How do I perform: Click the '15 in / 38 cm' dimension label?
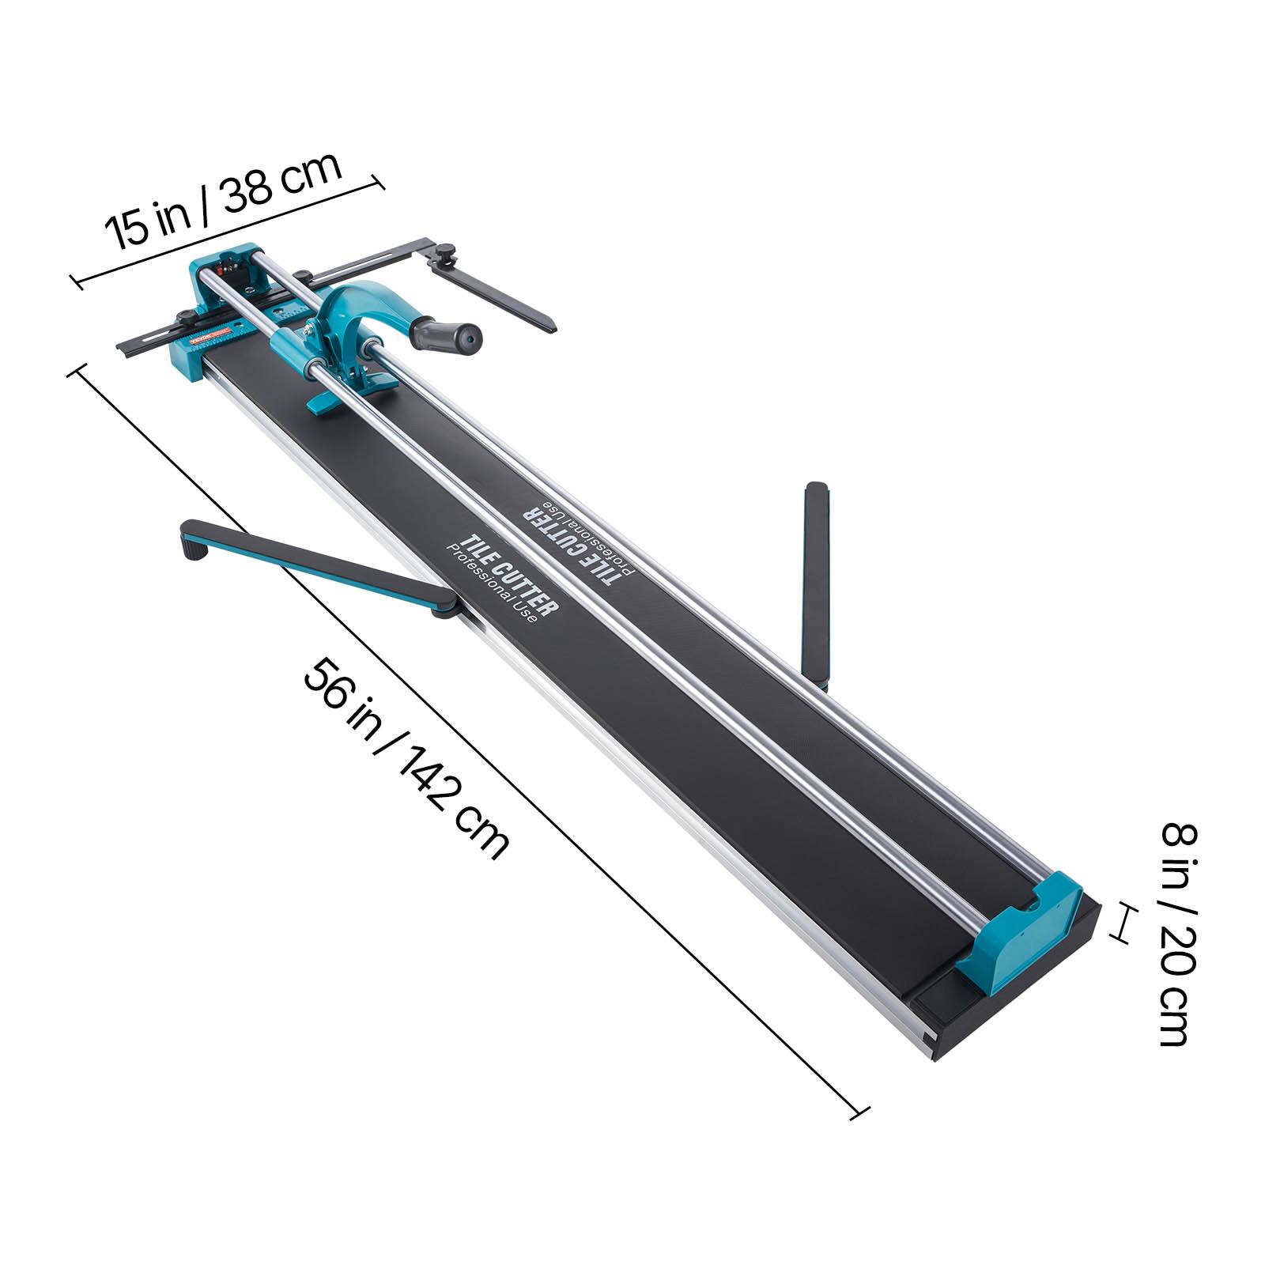pos(224,200)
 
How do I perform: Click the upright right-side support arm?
pos(817,585)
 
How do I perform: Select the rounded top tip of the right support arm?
pos(816,489)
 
